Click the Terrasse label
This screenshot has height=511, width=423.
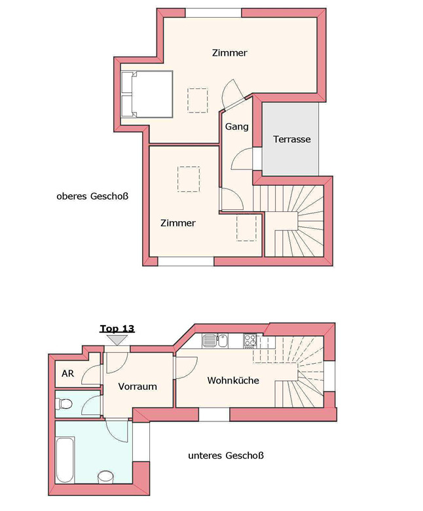click(291, 139)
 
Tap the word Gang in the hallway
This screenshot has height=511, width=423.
click(236, 127)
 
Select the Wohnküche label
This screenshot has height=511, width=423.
click(233, 380)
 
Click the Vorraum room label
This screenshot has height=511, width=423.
click(138, 387)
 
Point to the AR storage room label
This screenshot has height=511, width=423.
click(68, 374)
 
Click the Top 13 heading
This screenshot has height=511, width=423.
click(117, 328)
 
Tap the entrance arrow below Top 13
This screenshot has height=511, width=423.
click(117, 340)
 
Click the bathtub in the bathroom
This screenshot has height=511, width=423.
click(65, 460)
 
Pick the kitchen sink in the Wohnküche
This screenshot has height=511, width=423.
click(215, 341)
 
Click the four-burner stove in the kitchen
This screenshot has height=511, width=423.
click(250, 341)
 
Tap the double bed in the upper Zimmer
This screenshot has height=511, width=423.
click(147, 94)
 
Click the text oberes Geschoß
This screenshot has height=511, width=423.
click(92, 196)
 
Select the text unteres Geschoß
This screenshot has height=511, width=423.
click(226, 455)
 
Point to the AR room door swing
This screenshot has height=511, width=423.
click(91, 376)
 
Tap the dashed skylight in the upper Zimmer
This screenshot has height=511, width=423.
click(198, 100)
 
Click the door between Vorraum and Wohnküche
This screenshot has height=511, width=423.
click(187, 368)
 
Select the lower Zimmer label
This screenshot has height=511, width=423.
click(178, 223)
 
